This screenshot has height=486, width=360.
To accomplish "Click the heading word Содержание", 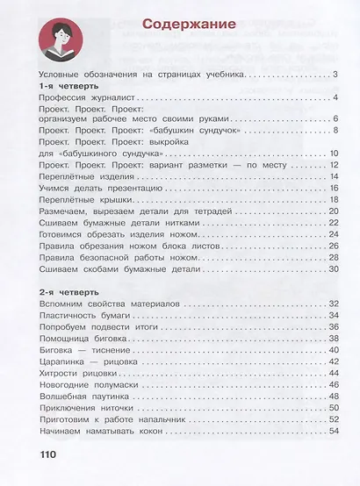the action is [x=191, y=25].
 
